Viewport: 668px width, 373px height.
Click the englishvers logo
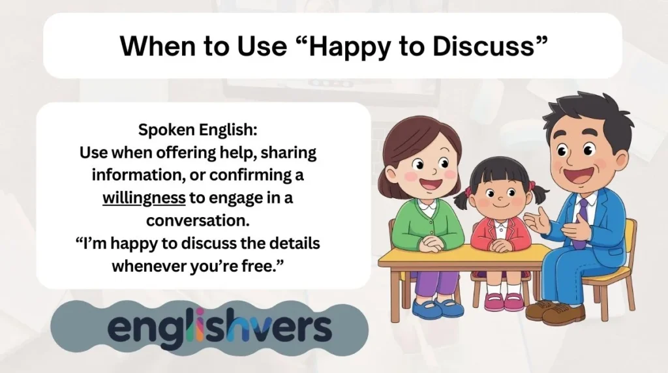coord(220,328)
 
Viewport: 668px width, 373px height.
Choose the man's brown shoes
coord(555,312)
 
